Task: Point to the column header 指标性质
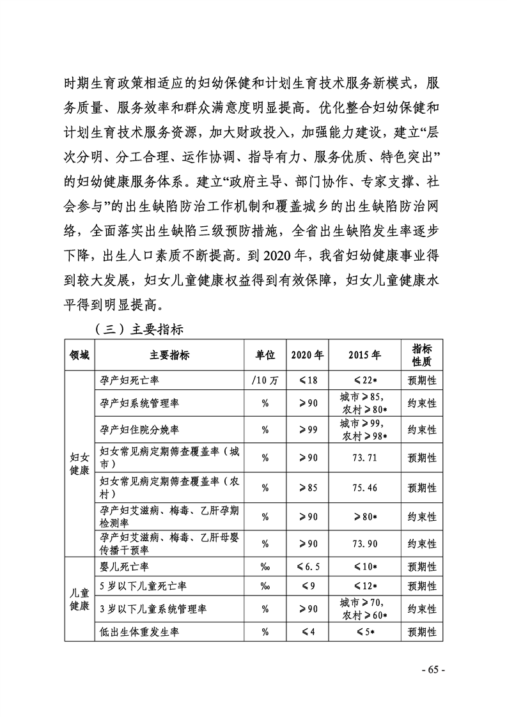[x=422, y=355]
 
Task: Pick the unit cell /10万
[x=265, y=380]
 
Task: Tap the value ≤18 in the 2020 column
[x=307, y=380]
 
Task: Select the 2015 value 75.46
[x=364, y=488]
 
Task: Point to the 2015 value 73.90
[x=364, y=543]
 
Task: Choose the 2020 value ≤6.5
[x=307, y=567]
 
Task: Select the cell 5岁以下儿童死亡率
[x=143, y=585]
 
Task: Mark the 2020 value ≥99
[x=307, y=429]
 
